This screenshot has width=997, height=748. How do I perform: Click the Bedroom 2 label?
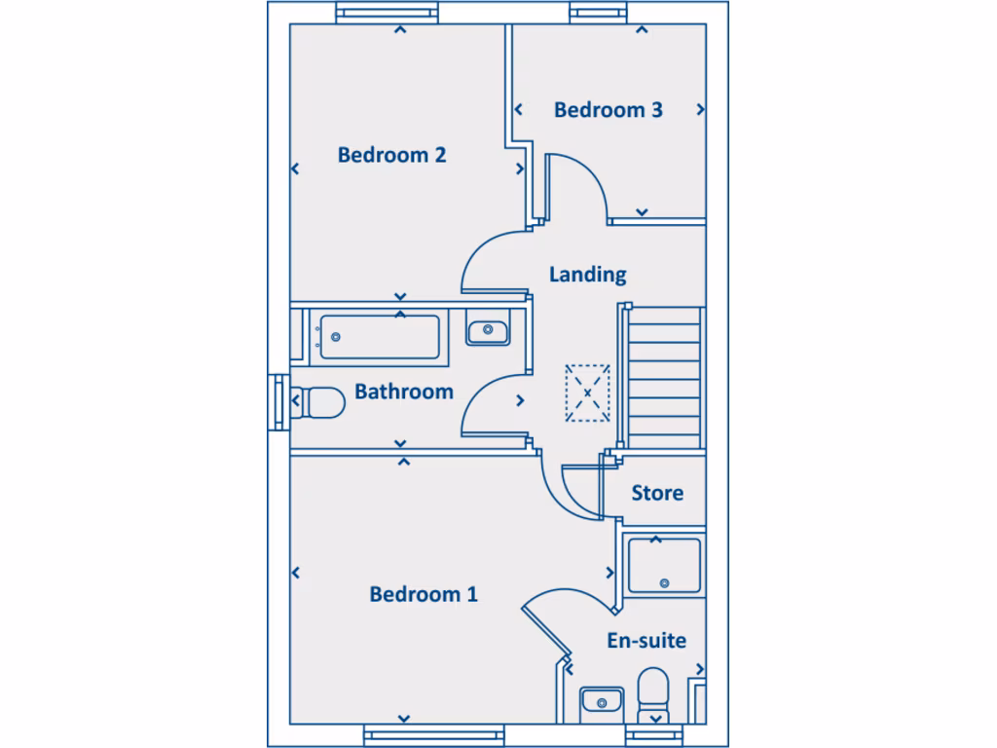click(x=391, y=155)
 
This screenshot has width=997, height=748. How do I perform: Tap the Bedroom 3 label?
click(x=608, y=110)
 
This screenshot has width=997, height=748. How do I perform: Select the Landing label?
click(x=587, y=275)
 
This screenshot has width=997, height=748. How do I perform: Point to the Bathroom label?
click(x=403, y=393)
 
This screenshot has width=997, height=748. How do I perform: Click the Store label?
click(x=657, y=493)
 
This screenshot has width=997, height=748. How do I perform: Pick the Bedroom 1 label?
click(x=424, y=594)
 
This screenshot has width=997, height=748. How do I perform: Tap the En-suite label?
click(x=646, y=641)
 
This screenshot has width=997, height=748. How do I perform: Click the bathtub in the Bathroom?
click(x=379, y=337)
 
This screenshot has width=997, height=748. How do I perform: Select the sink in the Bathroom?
click(x=487, y=332)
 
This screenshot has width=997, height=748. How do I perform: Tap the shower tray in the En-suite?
click(x=664, y=566)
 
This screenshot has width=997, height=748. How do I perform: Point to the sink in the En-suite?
click(x=601, y=701)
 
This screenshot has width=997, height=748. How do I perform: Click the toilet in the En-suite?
click(x=651, y=695)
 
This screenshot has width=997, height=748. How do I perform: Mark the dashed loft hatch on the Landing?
click(x=588, y=393)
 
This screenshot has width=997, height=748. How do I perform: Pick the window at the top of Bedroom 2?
click(x=387, y=13)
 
